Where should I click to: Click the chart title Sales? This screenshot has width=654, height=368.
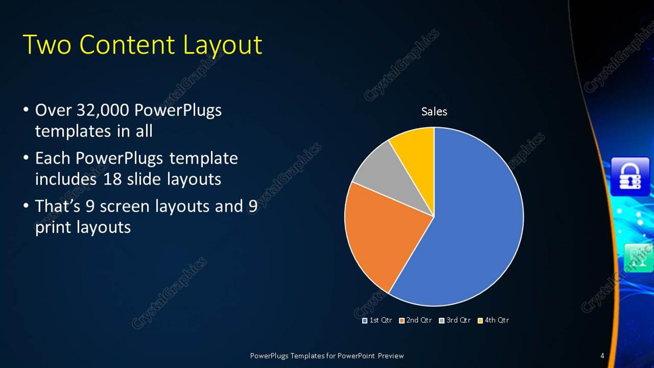point(434,112)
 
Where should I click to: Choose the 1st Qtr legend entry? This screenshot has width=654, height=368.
point(377,320)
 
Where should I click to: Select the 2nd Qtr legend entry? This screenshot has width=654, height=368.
point(415,320)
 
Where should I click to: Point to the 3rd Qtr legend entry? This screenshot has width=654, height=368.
point(455,320)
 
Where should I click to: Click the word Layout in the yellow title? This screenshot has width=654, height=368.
point(222,45)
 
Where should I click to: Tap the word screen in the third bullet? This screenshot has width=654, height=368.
point(124,207)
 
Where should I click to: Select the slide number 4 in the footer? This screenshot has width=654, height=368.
point(602,356)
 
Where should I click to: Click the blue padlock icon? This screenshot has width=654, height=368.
point(630,177)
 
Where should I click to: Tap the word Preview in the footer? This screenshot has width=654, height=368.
point(390,356)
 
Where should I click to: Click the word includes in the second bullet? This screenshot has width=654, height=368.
point(66,179)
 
